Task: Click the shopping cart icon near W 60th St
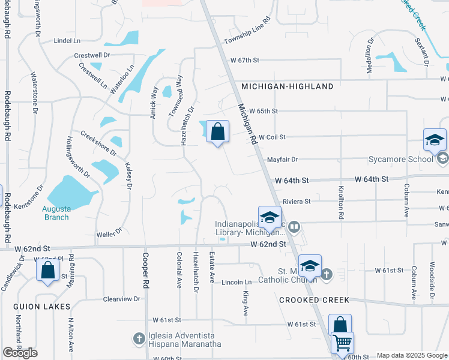point(342,343)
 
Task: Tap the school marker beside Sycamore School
point(435,140)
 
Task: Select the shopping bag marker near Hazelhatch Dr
point(217,131)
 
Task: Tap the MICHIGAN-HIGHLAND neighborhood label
point(288,86)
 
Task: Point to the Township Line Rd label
point(247,31)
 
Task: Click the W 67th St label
point(244,60)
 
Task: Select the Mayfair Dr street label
point(283,160)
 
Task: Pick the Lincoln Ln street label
point(237,282)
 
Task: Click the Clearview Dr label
point(121,298)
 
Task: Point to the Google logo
point(20,353)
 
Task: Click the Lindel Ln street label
point(67,41)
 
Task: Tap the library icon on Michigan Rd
point(294,226)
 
